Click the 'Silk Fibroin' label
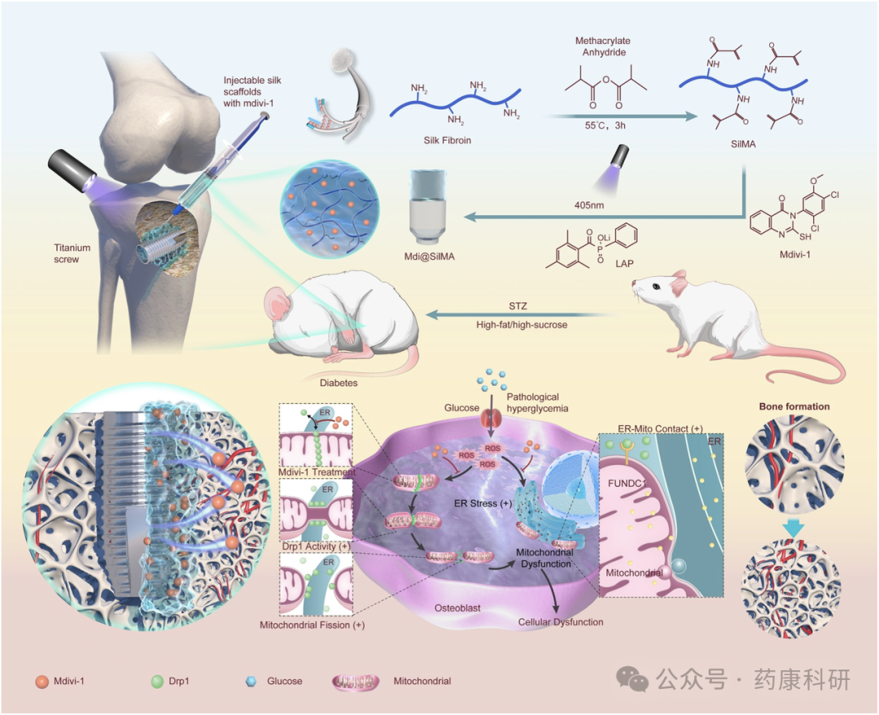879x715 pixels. pyautogui.click(x=447, y=140)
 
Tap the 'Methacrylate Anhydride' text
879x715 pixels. pyautogui.click(x=602, y=46)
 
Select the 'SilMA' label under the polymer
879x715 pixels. pyautogui.click(x=743, y=144)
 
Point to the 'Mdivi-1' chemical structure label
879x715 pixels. pyautogui.click(x=795, y=255)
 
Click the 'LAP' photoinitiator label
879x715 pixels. pyautogui.click(x=624, y=263)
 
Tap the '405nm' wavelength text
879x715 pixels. pyautogui.click(x=589, y=205)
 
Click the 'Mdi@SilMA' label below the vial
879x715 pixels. pyautogui.click(x=430, y=257)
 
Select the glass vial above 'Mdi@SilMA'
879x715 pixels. pyautogui.click(x=428, y=207)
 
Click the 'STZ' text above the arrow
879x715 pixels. pyautogui.click(x=518, y=306)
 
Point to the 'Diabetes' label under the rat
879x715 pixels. pyautogui.click(x=339, y=383)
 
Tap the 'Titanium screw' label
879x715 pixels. pyautogui.click(x=72, y=253)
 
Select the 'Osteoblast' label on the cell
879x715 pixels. pyautogui.click(x=457, y=608)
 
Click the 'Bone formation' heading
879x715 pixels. pyautogui.click(x=794, y=406)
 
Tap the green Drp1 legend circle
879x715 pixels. pyautogui.click(x=157, y=682)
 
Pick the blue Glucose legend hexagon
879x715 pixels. pyautogui.click(x=251, y=682)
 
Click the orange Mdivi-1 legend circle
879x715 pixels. pyautogui.click(x=42, y=682)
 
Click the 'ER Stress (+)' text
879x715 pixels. pyautogui.click(x=483, y=503)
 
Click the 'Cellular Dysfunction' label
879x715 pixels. pyautogui.click(x=561, y=622)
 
